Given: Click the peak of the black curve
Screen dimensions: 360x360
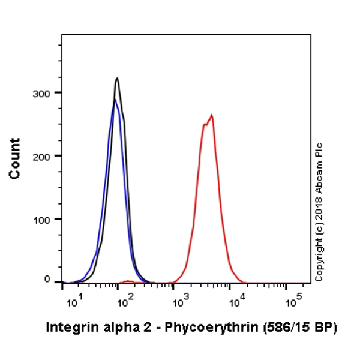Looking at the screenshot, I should (x=117, y=78).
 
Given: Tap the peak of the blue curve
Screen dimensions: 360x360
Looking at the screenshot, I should (x=115, y=100).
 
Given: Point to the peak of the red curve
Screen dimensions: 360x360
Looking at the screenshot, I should (x=211, y=115).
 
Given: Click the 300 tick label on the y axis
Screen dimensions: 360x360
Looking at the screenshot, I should (x=46, y=92).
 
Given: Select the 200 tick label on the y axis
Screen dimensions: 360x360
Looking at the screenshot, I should (x=46, y=155).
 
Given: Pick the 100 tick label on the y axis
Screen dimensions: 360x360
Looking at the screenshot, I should (x=46, y=219).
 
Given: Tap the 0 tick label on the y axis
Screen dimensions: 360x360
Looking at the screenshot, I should (x=50, y=280).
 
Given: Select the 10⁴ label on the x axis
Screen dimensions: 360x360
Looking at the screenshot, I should (x=234, y=299).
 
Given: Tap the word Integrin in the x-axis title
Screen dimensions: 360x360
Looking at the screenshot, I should (x=68, y=328).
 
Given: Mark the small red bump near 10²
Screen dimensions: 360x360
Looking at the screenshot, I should (x=127, y=281).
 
